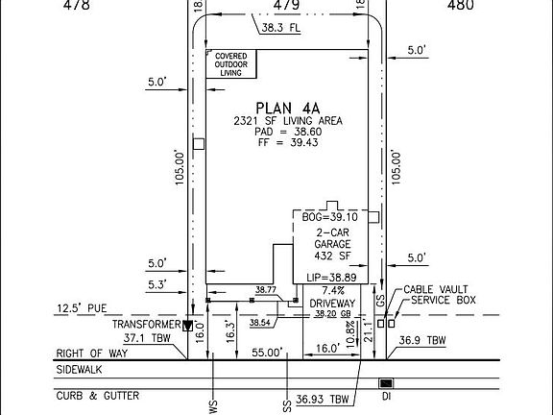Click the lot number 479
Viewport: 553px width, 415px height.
[286, 5]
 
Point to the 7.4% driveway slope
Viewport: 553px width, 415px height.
[332, 290]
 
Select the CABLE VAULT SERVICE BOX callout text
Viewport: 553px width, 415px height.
[439, 295]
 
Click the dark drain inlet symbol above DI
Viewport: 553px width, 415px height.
[385, 383]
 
